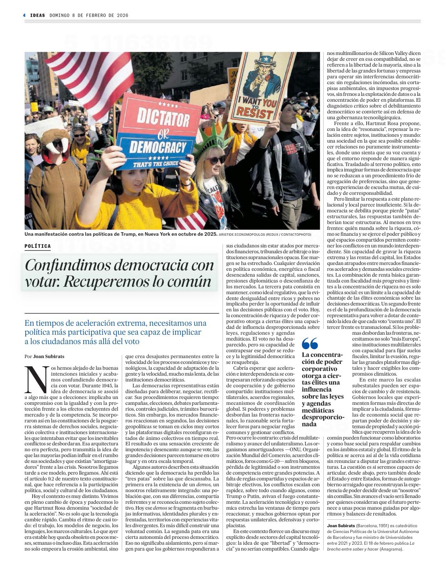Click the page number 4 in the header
pos(24,15)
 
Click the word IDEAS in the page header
pos(38,15)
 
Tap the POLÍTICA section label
pos(37,246)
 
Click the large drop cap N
pos(33,379)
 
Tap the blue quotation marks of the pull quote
pos(310,343)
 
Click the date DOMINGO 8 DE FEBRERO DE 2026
pos(89,15)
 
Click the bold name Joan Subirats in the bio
pos(341,526)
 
